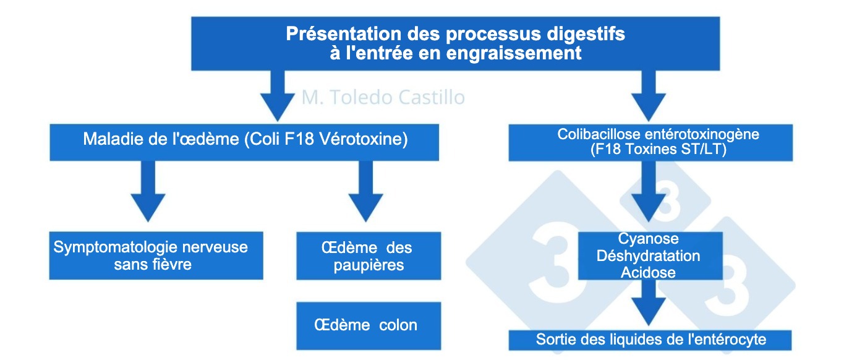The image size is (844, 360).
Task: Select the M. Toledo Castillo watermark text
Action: coord(383,98)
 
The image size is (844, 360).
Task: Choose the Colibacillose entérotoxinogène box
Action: coord(650,142)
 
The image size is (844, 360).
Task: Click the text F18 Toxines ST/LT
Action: coord(650,149)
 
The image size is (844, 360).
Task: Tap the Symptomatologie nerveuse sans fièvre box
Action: coord(156,255)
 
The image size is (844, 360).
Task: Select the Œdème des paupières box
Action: coord(369,255)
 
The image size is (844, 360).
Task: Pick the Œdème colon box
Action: coord(369,325)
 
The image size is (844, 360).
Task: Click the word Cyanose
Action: coord(648,239)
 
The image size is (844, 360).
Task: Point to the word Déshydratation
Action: coord(648,255)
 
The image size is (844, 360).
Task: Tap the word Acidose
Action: coord(648,272)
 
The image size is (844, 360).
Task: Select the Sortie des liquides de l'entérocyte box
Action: coord(650,339)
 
